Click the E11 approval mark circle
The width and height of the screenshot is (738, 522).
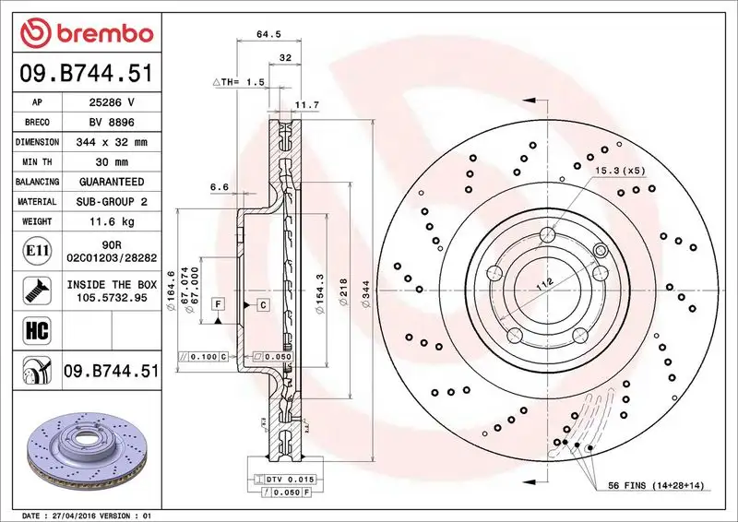32,250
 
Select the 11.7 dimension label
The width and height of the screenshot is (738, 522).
305,105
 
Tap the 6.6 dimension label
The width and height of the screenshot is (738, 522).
220,187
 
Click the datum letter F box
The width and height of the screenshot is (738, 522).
219,303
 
